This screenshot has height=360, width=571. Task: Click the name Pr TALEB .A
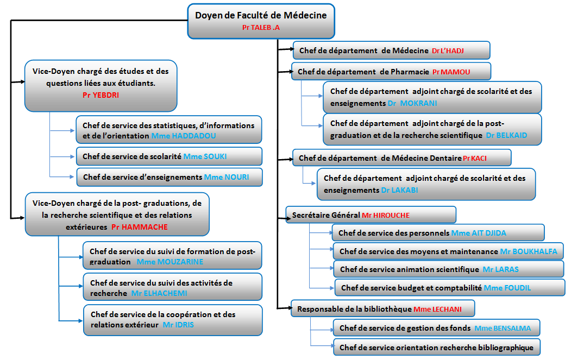pyautogui.click(x=261, y=27)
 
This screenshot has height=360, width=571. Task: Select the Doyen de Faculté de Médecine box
pyautogui.click(x=261, y=21)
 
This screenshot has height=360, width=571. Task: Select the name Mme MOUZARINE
pyautogui.click(x=170, y=262)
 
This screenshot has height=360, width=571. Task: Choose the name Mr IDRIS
pyautogui.click(x=178, y=325)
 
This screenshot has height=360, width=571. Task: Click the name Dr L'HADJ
pyautogui.click(x=448, y=50)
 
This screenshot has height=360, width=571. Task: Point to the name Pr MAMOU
pyautogui.click(x=451, y=72)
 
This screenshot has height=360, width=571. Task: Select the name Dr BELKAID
pyautogui.click(x=506, y=135)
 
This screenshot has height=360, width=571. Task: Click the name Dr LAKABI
pyautogui.click(x=399, y=190)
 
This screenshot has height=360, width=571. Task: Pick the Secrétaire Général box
pyautogui.click(x=371, y=215)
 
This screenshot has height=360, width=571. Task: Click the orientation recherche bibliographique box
pyautogui.click(x=437, y=347)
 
